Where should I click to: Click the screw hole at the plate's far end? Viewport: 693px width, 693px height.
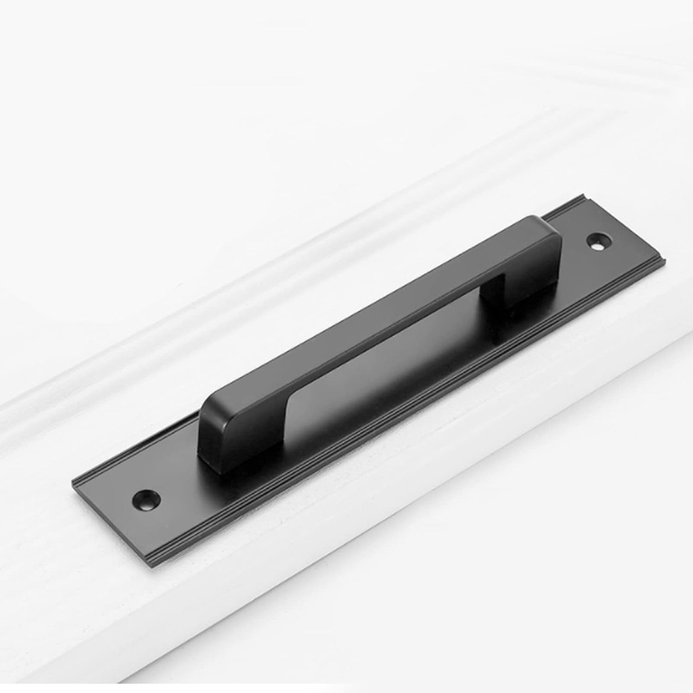(598, 241)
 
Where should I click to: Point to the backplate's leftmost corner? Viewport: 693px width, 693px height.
(74, 482)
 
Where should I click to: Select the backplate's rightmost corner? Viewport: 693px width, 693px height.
(663, 260)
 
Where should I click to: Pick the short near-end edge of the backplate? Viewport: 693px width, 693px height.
(112, 522)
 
